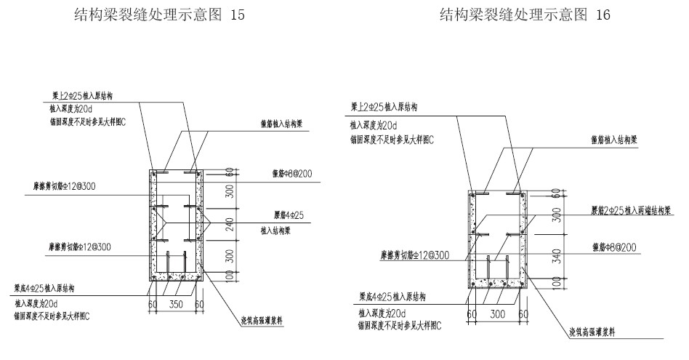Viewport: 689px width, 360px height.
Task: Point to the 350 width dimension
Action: (174, 304)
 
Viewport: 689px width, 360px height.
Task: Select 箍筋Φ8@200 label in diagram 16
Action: (613, 247)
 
